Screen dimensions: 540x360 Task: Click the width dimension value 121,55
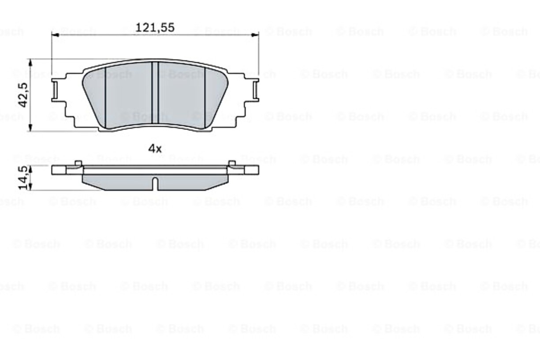pyautogui.click(x=155, y=27)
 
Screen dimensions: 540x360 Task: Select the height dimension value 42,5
pyautogui.click(x=24, y=95)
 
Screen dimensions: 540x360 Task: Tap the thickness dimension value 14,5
pyautogui.click(x=24, y=178)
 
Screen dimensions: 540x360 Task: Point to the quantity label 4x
pyautogui.click(x=155, y=149)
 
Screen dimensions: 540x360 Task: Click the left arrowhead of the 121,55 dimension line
pyautogui.click(x=55, y=35)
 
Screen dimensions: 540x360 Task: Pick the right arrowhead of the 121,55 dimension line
pyautogui.click(x=255, y=35)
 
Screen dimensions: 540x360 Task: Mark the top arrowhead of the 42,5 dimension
pyautogui.click(x=30, y=63)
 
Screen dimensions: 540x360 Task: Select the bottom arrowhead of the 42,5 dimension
pyautogui.click(x=30, y=127)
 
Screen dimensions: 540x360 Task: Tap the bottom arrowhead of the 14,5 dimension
pyautogui.click(x=30, y=187)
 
